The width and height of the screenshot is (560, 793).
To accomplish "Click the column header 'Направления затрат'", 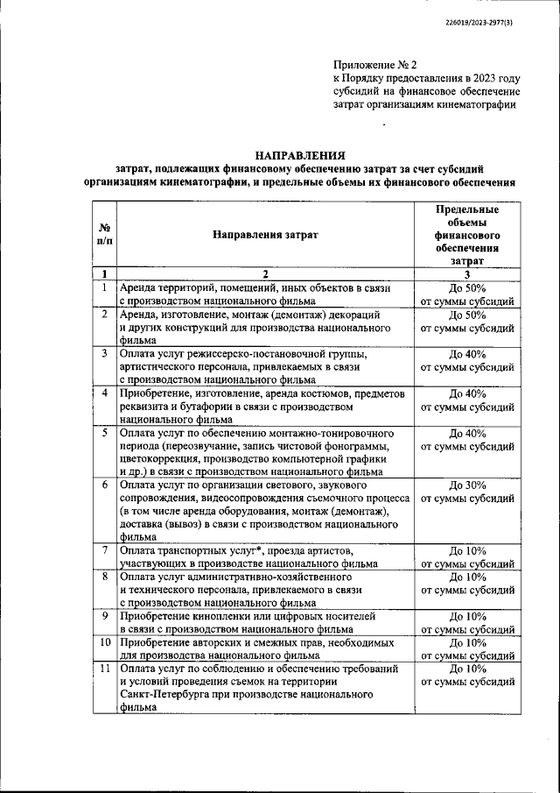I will click(x=265, y=235).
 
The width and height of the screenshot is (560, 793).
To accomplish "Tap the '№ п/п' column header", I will click(x=104, y=235).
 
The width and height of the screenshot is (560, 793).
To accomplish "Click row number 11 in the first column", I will click(x=104, y=669).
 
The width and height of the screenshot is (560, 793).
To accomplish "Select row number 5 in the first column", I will click(x=104, y=433).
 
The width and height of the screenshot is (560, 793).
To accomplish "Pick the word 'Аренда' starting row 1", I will click(x=139, y=287).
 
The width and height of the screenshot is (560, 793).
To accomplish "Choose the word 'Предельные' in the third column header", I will click(x=467, y=210).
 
